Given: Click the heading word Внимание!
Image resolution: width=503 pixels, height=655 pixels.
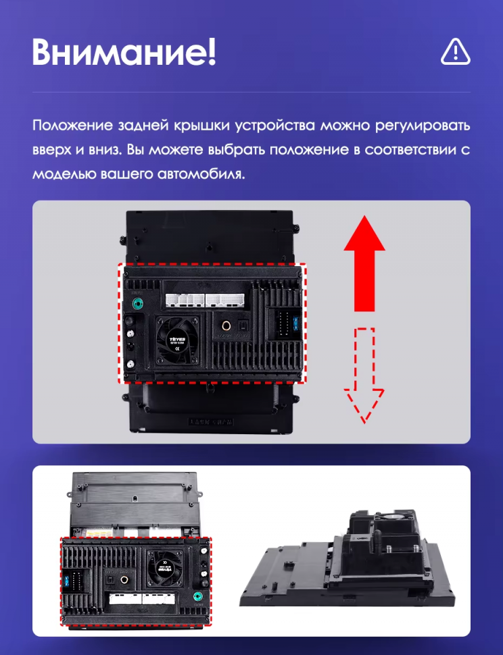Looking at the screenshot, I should click(124, 53).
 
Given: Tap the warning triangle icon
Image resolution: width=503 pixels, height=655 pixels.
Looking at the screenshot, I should click(455, 52).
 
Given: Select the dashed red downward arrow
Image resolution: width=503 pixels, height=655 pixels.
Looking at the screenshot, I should click(364, 374).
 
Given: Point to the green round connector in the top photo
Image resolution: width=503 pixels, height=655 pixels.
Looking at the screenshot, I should click(139, 304).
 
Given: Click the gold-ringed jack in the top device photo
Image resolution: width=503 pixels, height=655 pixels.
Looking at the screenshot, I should click(224, 326).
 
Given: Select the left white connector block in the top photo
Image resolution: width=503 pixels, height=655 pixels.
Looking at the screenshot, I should click(184, 300).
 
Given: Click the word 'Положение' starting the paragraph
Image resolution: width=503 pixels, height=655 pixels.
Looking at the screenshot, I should click(74, 126).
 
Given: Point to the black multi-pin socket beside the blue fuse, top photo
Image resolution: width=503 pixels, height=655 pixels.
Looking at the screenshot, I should click(278, 322).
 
